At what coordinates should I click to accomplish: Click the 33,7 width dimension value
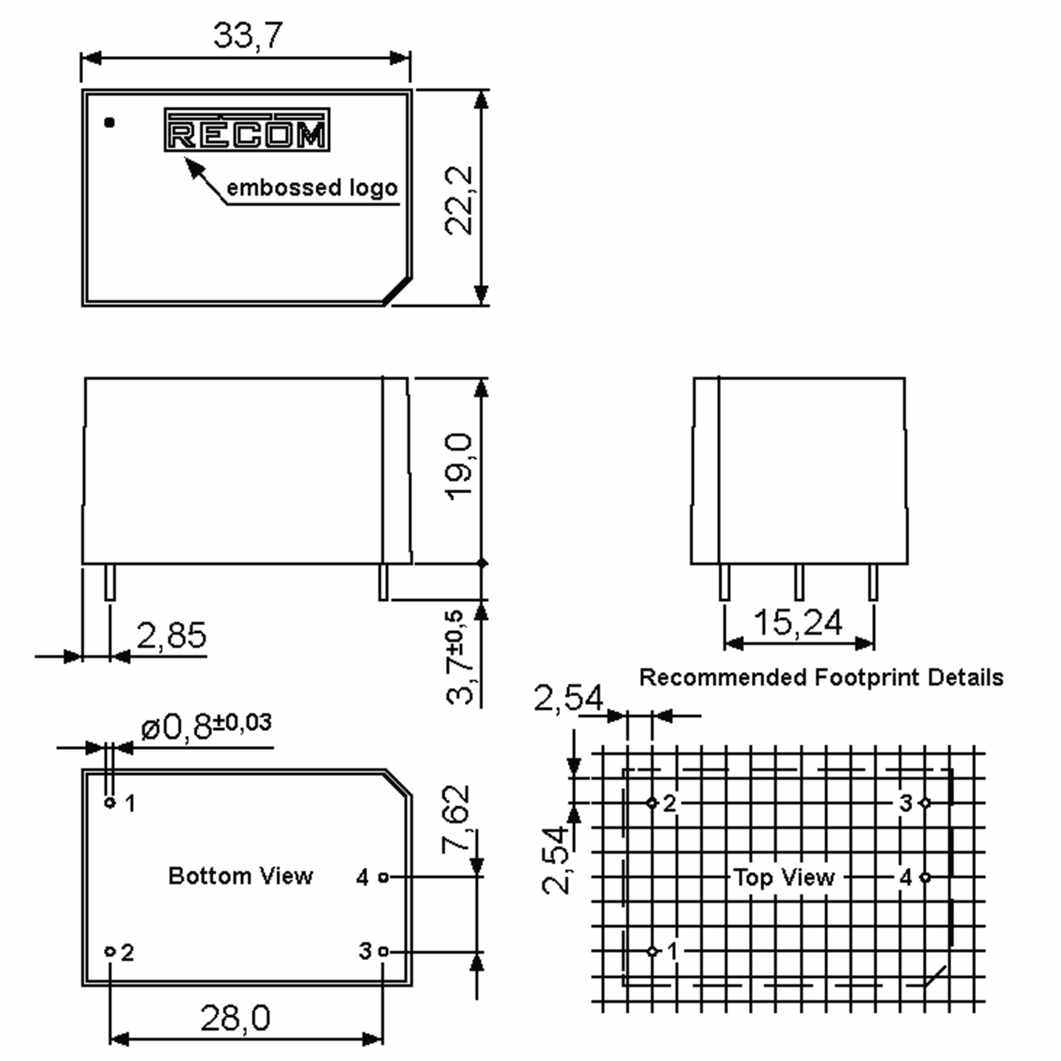click(x=248, y=35)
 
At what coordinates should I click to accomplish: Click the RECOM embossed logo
click(x=247, y=130)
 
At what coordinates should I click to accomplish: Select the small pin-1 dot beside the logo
click(x=109, y=122)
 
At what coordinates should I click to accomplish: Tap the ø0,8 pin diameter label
click(x=206, y=726)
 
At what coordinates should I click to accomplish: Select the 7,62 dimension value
click(x=456, y=819)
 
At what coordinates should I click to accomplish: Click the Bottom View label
click(x=240, y=875)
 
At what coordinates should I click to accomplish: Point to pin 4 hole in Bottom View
click(x=383, y=877)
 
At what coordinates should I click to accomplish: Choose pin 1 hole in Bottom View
click(x=110, y=802)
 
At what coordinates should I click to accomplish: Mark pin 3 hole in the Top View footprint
click(x=925, y=803)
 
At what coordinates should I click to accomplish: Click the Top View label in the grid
click(x=784, y=877)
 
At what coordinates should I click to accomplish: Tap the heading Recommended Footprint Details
click(x=821, y=678)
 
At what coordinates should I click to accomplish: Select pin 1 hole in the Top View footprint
click(x=652, y=951)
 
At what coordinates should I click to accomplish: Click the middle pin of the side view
click(x=799, y=582)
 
